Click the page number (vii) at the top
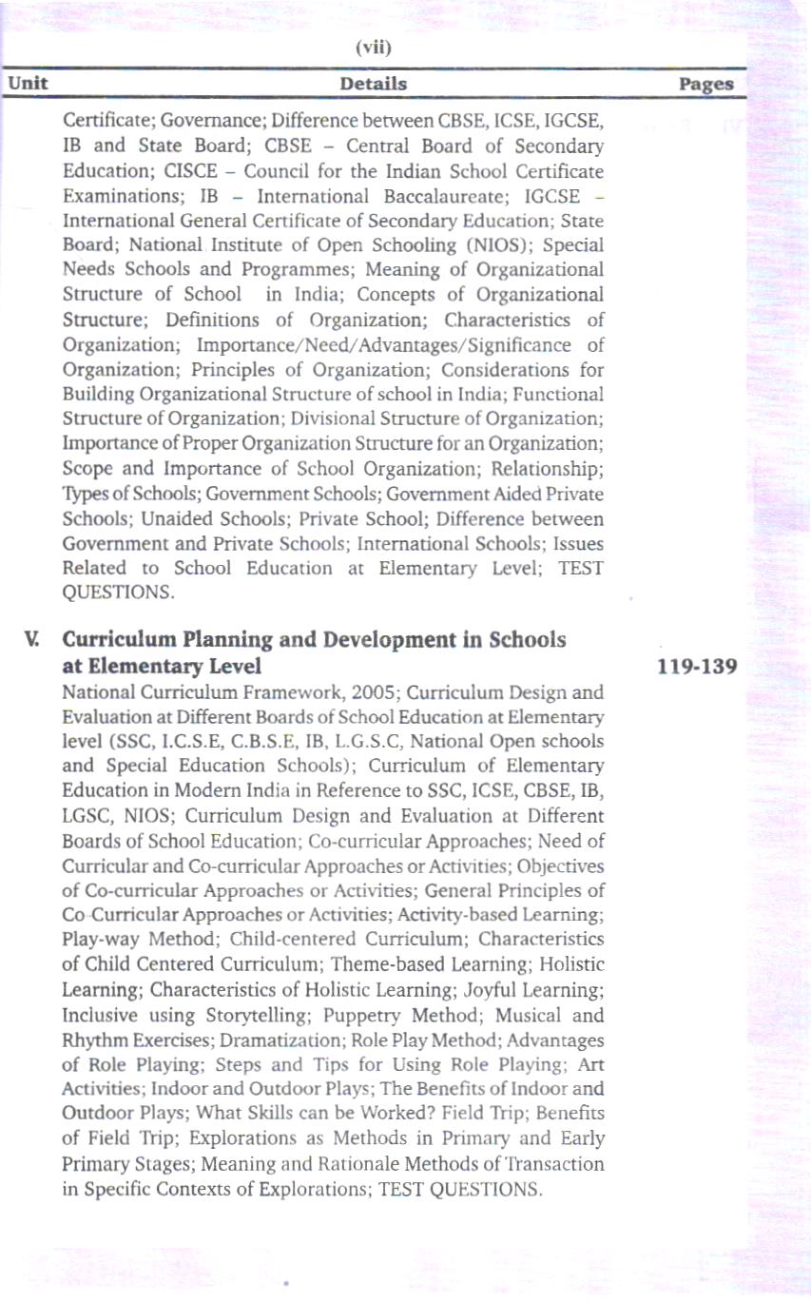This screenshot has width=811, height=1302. pyautogui.click(x=374, y=48)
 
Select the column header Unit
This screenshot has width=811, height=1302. pyautogui.click(x=29, y=83)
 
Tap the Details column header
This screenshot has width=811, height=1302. pyautogui.click(x=374, y=84)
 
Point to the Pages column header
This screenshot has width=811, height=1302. pyautogui.click(x=706, y=84)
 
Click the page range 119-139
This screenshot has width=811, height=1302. pyautogui.click(x=698, y=666)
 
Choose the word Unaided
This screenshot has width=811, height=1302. pyautogui.click(x=179, y=518)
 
